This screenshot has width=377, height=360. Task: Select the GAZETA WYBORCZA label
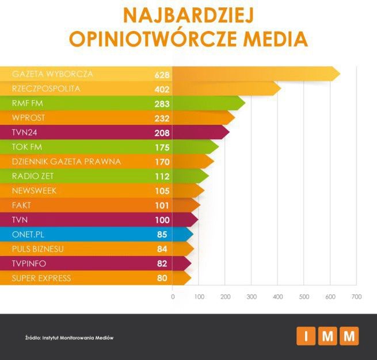(x=52, y=74)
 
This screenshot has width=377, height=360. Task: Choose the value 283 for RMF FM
(x=162, y=104)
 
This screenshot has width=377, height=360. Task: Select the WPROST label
(x=28, y=118)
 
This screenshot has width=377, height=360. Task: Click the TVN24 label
(x=25, y=133)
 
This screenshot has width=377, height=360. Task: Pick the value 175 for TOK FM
(x=162, y=148)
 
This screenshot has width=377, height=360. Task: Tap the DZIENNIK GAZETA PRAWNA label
(x=66, y=162)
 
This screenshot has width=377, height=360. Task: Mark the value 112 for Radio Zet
(x=162, y=177)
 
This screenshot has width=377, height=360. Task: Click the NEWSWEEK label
(x=34, y=191)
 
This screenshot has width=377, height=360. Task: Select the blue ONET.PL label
(x=29, y=235)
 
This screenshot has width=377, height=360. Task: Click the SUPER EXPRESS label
(x=41, y=278)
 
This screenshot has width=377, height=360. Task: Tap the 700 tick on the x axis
(x=356, y=297)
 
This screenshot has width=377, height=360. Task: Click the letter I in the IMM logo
(x=306, y=336)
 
